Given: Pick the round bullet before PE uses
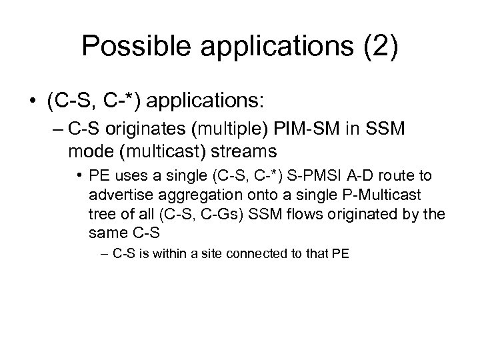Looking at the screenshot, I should (79, 175).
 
